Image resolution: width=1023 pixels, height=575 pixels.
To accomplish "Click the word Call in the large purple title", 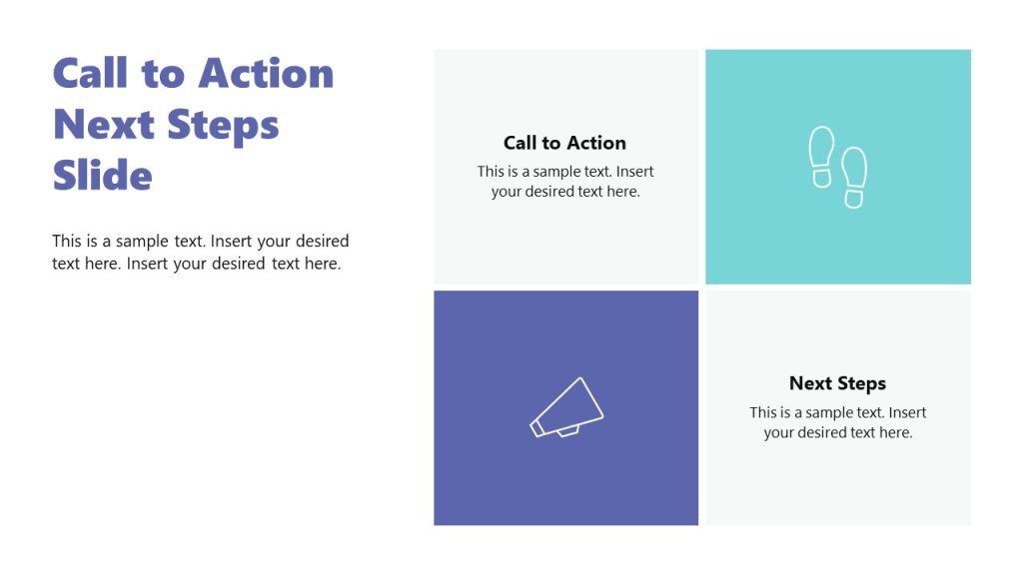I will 91,74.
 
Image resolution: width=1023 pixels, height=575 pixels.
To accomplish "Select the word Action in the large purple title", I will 266,74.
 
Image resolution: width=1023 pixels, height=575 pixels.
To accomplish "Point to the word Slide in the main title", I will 102,176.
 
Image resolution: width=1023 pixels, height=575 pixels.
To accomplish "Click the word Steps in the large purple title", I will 223,125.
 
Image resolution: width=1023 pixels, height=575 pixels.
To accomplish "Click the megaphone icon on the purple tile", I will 566,407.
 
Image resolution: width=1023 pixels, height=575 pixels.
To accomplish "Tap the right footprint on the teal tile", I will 854,178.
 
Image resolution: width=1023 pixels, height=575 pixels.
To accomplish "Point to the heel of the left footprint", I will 821,179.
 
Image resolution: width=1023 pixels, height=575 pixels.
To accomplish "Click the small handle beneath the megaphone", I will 567,430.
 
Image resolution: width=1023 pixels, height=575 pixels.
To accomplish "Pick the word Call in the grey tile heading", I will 519,143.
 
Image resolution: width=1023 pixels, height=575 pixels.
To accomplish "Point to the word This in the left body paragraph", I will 67,242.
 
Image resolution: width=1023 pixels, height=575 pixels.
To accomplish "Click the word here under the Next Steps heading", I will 895,433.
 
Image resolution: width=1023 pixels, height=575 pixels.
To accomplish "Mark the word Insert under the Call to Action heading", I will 635,172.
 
